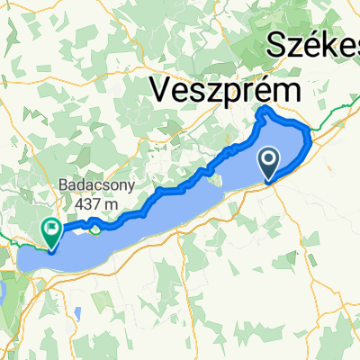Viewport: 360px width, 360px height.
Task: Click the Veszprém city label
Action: (224, 90)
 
